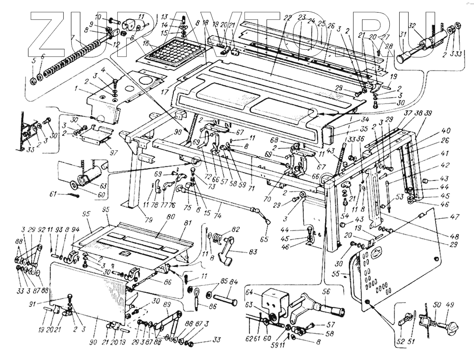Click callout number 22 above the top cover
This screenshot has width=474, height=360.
point(287,18)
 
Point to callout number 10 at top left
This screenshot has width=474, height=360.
point(99,17)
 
